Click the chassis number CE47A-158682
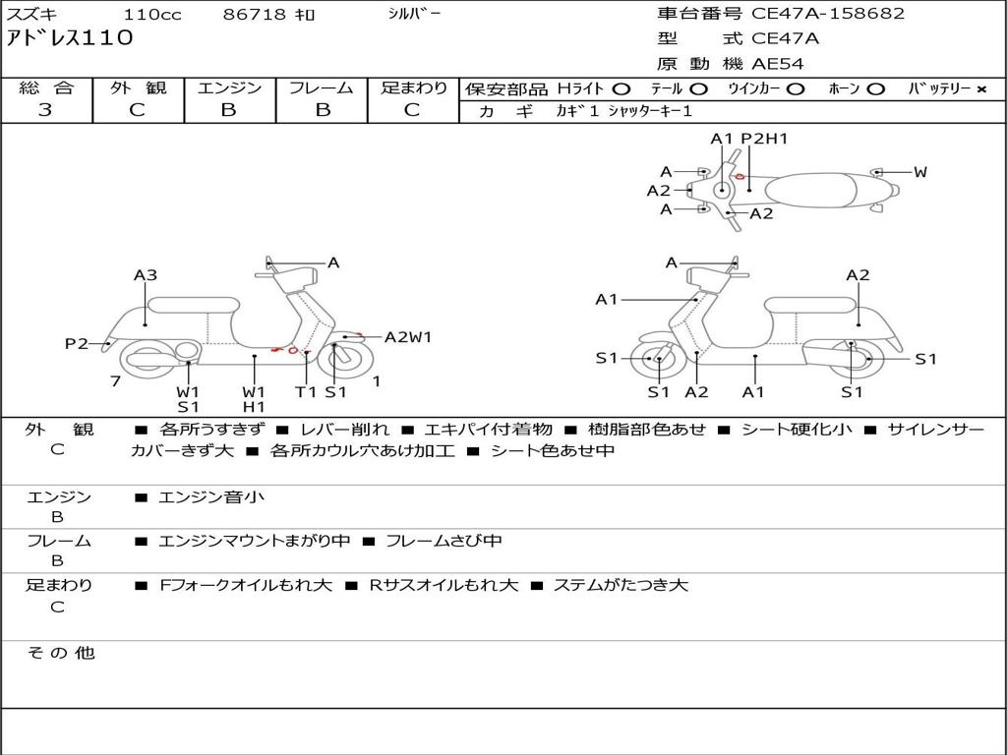828,14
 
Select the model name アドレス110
70,38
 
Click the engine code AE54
777,64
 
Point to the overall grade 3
45,110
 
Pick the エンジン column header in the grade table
229,87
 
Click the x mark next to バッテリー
981,89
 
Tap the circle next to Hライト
622,89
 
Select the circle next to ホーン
875,89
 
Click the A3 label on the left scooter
146,275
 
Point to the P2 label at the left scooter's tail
76,343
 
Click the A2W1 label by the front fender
408,337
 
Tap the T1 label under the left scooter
306,391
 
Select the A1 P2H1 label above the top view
748,139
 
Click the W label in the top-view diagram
920,172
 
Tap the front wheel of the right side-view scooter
656,359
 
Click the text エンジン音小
211,496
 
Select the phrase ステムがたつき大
622,585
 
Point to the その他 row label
61,653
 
